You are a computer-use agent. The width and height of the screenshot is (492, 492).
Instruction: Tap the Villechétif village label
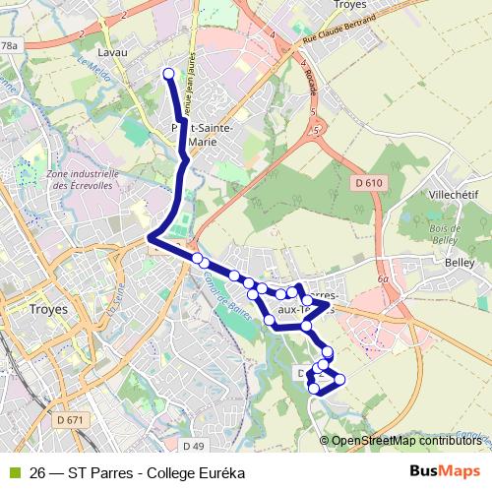click(x=454, y=195)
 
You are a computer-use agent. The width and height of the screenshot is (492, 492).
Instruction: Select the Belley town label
click(x=459, y=263)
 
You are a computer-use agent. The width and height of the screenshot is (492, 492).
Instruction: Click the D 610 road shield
click(x=368, y=183)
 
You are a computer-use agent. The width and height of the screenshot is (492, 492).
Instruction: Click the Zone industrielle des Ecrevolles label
click(x=83, y=179)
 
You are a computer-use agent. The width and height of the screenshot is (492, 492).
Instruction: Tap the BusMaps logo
click(x=445, y=471)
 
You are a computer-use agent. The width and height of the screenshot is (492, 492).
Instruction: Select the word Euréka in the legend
click(x=219, y=472)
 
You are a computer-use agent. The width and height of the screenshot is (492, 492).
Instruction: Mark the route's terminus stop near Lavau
click(x=168, y=74)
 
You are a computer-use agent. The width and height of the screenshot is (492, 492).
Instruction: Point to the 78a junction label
click(x=10, y=46)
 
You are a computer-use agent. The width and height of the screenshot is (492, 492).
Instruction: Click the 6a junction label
click(x=382, y=279)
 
